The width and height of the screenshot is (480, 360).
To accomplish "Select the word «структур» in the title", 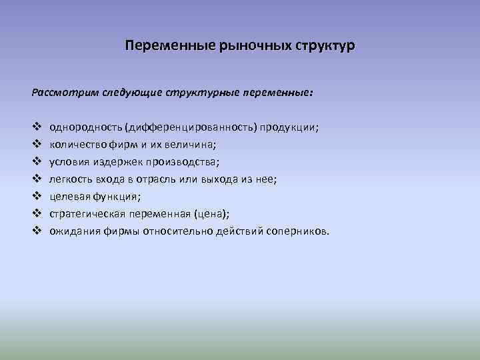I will point(323,46).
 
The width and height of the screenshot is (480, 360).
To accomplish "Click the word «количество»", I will point(77,144).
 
